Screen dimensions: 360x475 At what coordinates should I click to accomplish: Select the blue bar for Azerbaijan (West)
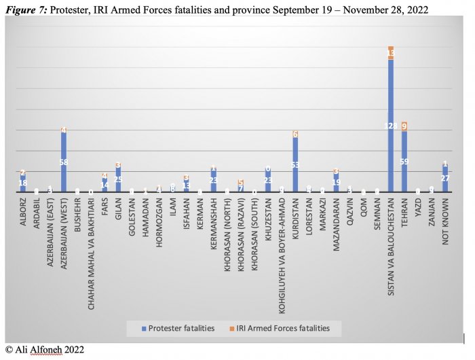tap(64, 166)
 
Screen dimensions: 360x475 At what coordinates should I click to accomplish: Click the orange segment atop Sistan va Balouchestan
tap(390, 53)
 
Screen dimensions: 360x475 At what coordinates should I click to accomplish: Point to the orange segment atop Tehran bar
tap(404, 126)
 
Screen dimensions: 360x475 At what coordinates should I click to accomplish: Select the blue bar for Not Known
tap(445, 180)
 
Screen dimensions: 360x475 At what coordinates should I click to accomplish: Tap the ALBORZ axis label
tap(23, 216)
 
